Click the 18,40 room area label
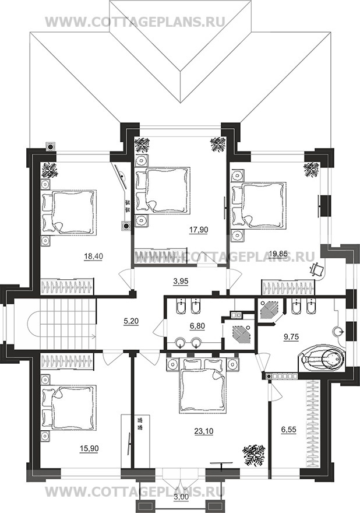pyautogui.click(x=93, y=256)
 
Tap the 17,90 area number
pyautogui.click(x=199, y=230)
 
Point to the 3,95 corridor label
pyautogui.click(x=181, y=281)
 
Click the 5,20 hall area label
pyautogui.click(x=131, y=322)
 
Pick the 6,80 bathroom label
pyautogui.click(x=197, y=326)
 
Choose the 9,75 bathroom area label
pyautogui.click(x=291, y=336)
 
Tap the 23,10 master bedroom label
pyautogui.click(x=204, y=431)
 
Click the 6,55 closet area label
pyautogui.click(x=289, y=430)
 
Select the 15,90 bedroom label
pyautogui.click(x=89, y=448)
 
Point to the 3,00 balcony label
pyautogui.click(x=181, y=505)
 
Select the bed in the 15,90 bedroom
pyautogui.click(x=69, y=407)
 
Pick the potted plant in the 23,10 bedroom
pyautogui.click(x=253, y=455)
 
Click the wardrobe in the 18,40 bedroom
pyautogui.click(x=67, y=286)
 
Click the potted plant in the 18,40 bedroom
pyautogui.click(x=50, y=170)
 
